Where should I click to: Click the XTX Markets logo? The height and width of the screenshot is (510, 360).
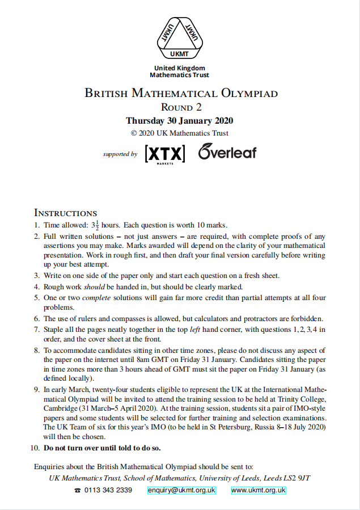click(x=164, y=154)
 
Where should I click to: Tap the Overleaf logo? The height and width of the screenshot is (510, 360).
click(x=227, y=152)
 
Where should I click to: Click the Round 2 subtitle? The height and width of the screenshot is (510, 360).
click(x=181, y=107)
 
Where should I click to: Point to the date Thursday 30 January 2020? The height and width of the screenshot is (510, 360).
click(x=180, y=120)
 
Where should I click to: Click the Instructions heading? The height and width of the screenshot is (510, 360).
click(x=66, y=213)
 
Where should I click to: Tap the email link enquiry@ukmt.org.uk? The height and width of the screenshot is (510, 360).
click(x=181, y=490)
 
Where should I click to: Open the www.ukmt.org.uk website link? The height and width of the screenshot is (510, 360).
click(x=259, y=490)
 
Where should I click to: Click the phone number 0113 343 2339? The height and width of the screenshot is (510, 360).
click(x=108, y=490)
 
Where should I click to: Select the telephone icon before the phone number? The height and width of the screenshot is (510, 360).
click(x=77, y=491)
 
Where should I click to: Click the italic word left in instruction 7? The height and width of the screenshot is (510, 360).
click(x=196, y=329)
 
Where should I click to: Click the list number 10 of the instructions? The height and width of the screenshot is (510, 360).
click(x=35, y=448)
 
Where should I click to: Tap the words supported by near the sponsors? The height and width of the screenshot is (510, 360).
click(x=120, y=154)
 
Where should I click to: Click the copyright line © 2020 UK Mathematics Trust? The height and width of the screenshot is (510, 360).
click(x=180, y=133)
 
